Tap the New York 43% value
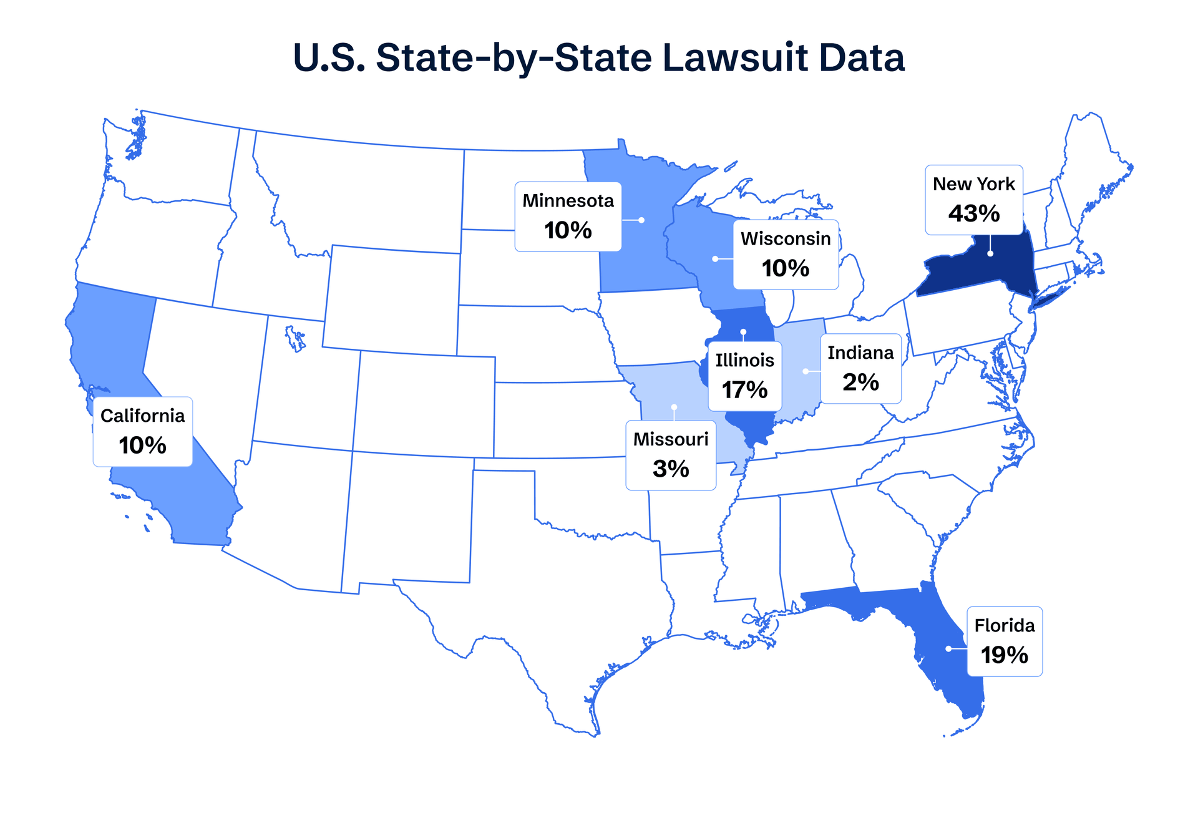coord(973,214)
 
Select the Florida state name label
coord(1004,625)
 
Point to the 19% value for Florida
coord(1004,655)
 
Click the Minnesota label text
coord(568,201)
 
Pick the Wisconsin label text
coord(786,239)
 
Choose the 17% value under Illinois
coord(744,391)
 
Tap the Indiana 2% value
coord(860,382)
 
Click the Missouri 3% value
coord(671,469)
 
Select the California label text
coord(142,416)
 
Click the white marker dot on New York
coord(990,254)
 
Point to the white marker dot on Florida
coord(948,649)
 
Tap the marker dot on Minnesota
coord(641,220)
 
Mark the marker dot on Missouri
coord(674,407)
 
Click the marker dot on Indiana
coord(806,371)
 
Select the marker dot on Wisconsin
coord(715,259)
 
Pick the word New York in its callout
coord(973,185)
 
